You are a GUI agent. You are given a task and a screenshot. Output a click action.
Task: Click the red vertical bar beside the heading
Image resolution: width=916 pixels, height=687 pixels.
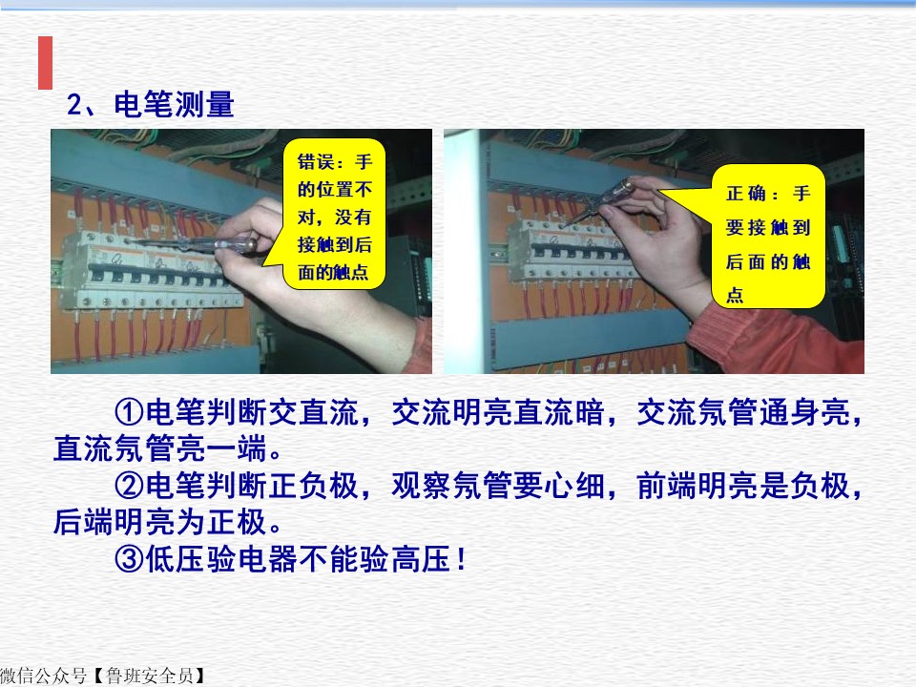point(45,63)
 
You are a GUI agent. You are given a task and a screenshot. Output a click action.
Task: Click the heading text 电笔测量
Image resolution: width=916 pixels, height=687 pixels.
point(174,105)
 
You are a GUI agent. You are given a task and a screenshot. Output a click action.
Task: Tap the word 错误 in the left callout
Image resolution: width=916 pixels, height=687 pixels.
point(316,162)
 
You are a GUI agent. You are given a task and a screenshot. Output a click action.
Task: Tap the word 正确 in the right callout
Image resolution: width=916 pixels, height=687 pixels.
point(746,194)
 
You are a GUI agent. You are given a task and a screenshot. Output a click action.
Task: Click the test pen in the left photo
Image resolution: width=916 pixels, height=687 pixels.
point(193,243)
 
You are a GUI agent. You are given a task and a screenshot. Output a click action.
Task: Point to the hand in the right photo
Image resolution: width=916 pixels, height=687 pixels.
point(660,245)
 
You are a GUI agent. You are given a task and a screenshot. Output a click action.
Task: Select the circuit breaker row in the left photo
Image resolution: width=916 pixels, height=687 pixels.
point(149,270)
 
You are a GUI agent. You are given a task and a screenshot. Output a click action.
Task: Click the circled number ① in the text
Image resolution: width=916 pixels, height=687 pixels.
point(129,412)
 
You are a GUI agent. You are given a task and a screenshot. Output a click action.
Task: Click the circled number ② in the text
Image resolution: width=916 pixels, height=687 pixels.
point(129,486)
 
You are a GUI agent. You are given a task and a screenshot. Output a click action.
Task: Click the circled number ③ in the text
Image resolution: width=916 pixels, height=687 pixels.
point(129,559)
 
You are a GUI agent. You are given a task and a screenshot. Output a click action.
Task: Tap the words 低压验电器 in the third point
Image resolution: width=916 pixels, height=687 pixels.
point(222,559)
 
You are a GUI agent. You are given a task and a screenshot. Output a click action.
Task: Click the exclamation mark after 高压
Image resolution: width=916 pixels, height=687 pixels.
point(462,559)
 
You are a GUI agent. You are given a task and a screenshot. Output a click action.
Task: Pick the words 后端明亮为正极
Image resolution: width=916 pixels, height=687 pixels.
point(160,522)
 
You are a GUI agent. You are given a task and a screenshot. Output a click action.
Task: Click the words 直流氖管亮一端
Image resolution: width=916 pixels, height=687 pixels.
point(160,448)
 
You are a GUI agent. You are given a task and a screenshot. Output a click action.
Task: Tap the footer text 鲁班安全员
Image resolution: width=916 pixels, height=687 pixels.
point(150,677)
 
